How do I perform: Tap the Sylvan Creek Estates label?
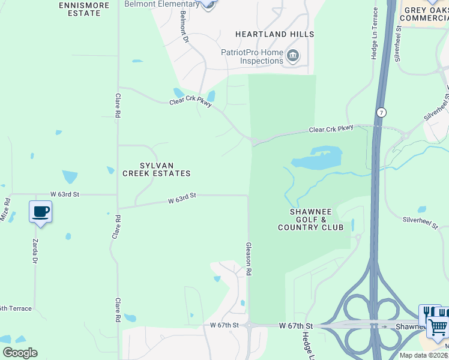157,169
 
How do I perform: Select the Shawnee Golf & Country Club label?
310,220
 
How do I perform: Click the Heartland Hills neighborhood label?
274,34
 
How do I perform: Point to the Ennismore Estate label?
85,9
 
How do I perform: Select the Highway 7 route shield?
381,112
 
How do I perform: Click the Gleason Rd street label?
249,259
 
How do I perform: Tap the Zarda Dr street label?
34,253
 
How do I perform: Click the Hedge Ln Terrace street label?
375,34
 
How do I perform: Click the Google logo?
20,353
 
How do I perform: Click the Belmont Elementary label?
161,4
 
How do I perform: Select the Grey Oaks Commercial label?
424,14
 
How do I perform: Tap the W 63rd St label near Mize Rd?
65,194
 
